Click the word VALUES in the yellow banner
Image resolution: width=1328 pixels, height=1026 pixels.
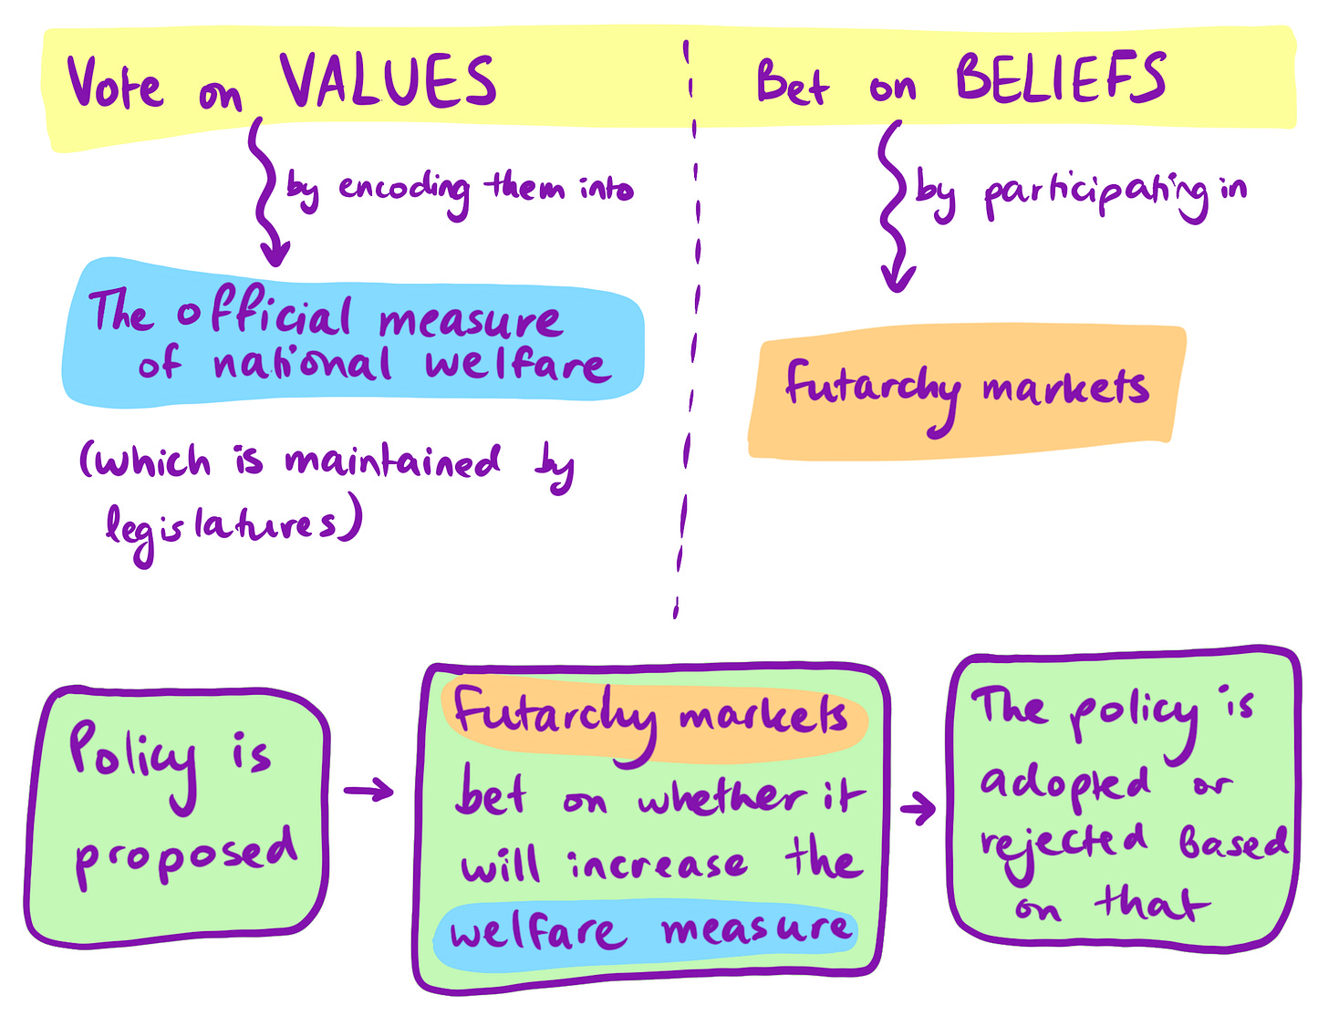point(388,81)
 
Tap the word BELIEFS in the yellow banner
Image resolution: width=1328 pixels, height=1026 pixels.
point(1060,78)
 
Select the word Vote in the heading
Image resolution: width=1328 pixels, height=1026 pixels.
point(115,84)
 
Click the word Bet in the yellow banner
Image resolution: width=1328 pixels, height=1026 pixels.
point(792,84)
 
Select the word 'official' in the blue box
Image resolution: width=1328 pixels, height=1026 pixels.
point(264,316)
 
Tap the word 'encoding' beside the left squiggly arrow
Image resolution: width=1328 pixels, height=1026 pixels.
point(403,189)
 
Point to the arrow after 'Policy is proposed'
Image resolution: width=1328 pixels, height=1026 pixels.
point(368,791)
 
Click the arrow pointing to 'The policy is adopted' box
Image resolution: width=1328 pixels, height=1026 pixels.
point(918,807)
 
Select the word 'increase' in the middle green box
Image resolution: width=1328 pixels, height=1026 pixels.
point(658,864)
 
